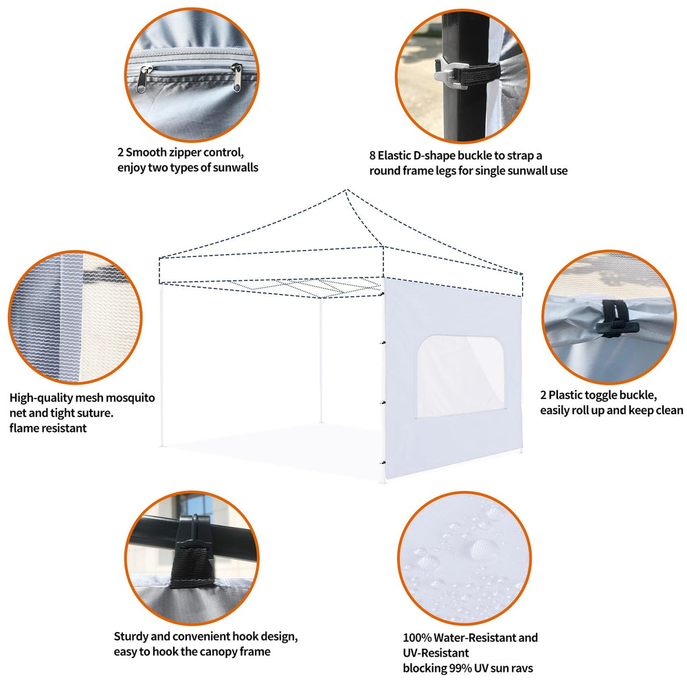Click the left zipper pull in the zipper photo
click(144, 79)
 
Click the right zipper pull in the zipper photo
click(237, 78)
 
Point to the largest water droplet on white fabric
click(483, 548)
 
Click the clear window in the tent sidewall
click(460, 376)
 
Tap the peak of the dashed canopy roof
click(346, 190)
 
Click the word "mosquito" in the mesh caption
click(131, 398)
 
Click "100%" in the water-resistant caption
click(417, 638)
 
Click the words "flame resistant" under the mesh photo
click(48, 428)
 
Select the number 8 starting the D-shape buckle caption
click(372, 155)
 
